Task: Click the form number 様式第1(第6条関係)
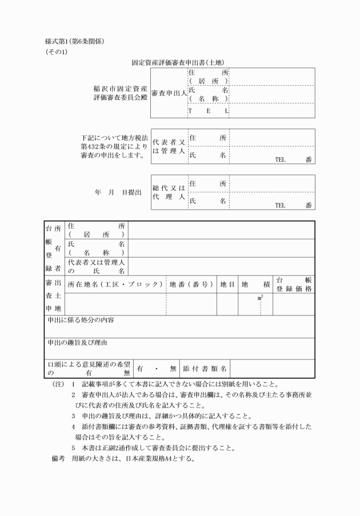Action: click(74, 42)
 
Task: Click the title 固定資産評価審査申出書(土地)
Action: click(180, 62)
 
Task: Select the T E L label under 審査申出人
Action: click(209, 110)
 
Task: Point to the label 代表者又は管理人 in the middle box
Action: click(169, 146)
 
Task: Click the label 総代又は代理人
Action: click(169, 192)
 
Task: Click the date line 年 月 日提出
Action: click(118, 193)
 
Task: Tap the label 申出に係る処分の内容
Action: click(81, 321)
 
